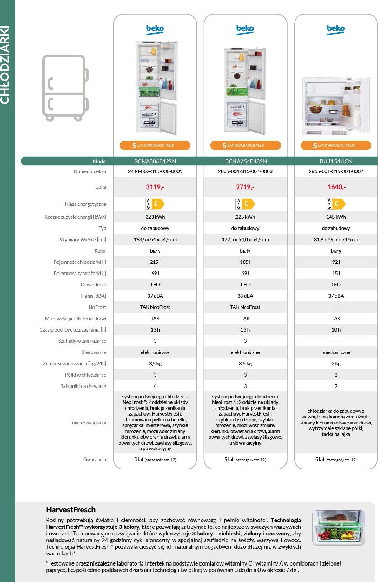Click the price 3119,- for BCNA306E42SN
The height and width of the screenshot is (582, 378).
[x=155, y=187]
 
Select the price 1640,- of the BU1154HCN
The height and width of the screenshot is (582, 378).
[x=336, y=187]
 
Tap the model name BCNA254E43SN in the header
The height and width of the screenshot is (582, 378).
[x=246, y=161]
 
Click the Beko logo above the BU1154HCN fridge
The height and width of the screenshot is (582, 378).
[x=335, y=29]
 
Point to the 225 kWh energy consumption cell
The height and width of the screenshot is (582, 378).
[x=245, y=217]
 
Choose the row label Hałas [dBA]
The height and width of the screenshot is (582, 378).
[x=93, y=296]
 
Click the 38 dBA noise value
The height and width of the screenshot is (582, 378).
[x=245, y=296]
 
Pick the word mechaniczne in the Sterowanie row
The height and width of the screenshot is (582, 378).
[x=336, y=352]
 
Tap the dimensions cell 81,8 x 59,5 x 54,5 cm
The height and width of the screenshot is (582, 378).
[x=336, y=240]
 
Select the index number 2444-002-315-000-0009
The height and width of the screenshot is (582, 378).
[x=155, y=171]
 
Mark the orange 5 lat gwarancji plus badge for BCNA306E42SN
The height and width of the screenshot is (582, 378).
[x=155, y=145]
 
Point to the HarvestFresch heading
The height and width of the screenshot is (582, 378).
[x=70, y=509]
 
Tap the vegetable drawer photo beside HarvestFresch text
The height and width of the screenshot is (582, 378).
[x=338, y=527]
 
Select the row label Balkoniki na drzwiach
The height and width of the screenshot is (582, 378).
[x=83, y=386]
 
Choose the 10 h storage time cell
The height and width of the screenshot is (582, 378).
[x=336, y=330]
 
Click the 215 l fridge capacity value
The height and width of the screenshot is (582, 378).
[x=155, y=262]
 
